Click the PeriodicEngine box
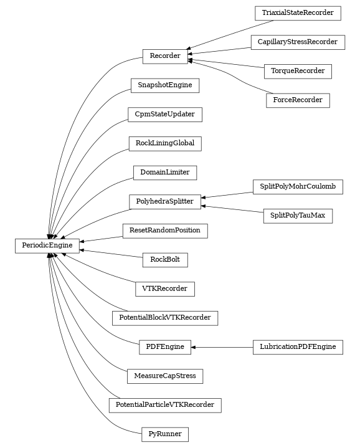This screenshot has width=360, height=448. (x=47, y=245)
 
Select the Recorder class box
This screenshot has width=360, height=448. (x=165, y=56)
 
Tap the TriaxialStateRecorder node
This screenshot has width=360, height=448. (x=298, y=12)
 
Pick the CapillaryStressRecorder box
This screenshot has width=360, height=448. (x=298, y=42)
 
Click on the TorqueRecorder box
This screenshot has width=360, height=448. (x=298, y=71)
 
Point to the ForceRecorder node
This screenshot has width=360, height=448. (x=298, y=100)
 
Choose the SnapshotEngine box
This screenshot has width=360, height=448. (x=165, y=85)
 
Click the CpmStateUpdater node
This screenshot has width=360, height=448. (x=165, y=114)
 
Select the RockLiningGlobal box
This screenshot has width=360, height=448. (x=165, y=143)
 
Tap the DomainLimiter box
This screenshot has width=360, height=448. (x=165, y=172)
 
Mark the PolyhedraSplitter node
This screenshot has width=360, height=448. (x=165, y=201)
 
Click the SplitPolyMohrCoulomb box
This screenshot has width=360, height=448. (x=298, y=187)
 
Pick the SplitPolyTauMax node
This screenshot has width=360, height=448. (x=298, y=216)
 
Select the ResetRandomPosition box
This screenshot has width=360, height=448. (x=165, y=231)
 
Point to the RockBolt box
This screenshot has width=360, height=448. (x=165, y=260)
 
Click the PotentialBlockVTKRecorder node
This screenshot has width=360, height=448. (x=165, y=318)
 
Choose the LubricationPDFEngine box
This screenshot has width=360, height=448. (x=298, y=347)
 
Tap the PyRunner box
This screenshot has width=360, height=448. (x=165, y=434)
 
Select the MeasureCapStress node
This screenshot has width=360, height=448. (x=165, y=376)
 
